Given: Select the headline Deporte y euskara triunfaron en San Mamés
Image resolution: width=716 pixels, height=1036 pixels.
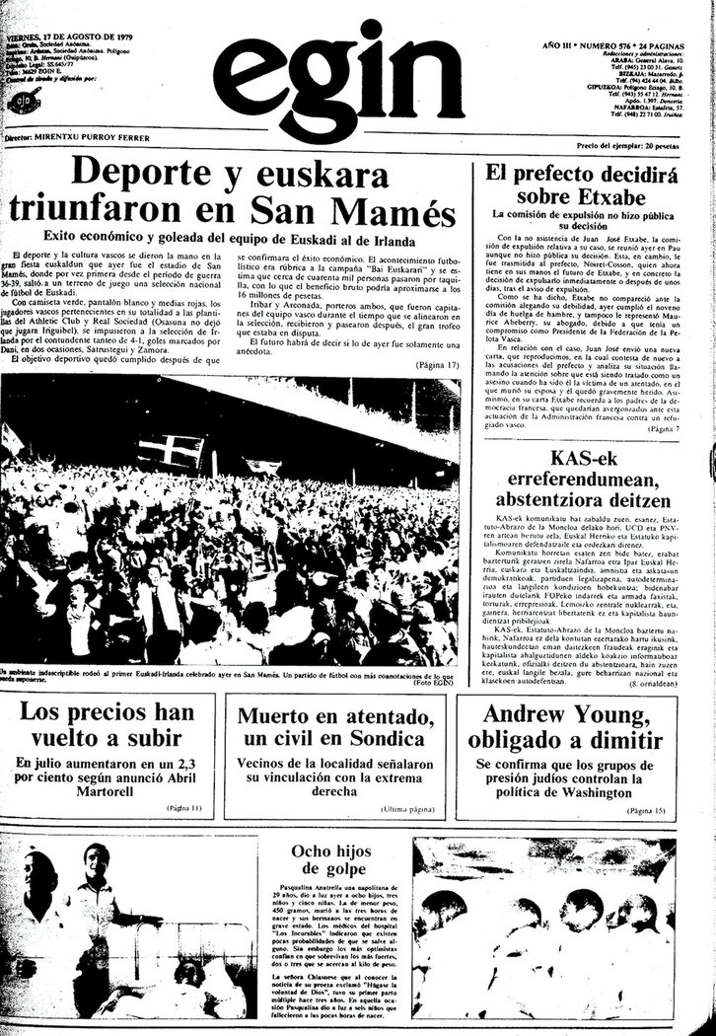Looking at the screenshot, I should (234, 189).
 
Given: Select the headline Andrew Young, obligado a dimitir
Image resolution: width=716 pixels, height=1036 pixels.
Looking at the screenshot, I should (587, 726).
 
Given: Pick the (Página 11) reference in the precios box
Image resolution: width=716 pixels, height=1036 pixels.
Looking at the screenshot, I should (183, 808).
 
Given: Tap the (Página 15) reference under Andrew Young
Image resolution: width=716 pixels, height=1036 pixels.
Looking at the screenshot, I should (646, 810).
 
